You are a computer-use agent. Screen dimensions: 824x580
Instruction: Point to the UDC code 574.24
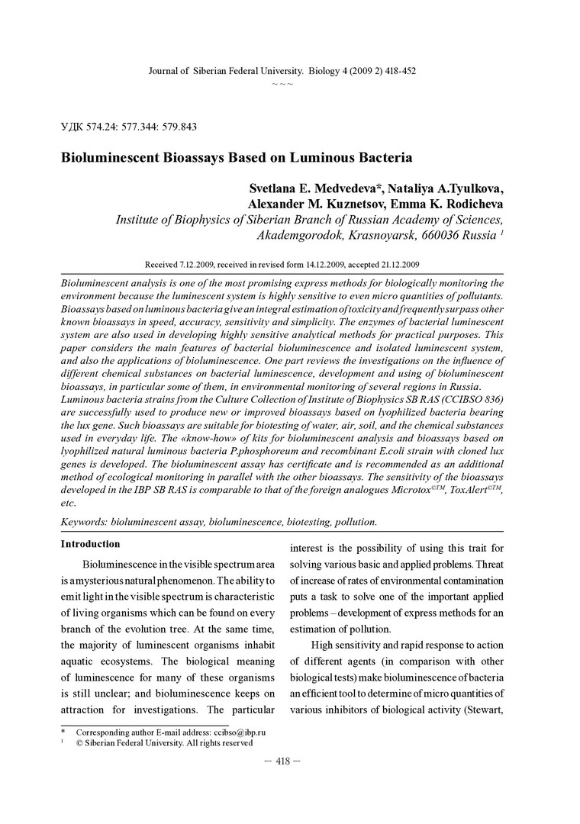102,126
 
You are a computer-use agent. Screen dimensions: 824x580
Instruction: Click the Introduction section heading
90,544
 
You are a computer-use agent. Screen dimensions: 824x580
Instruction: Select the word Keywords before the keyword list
84,522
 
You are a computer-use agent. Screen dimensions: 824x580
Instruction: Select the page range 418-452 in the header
397,70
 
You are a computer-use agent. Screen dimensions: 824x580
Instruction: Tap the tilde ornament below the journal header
282,82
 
